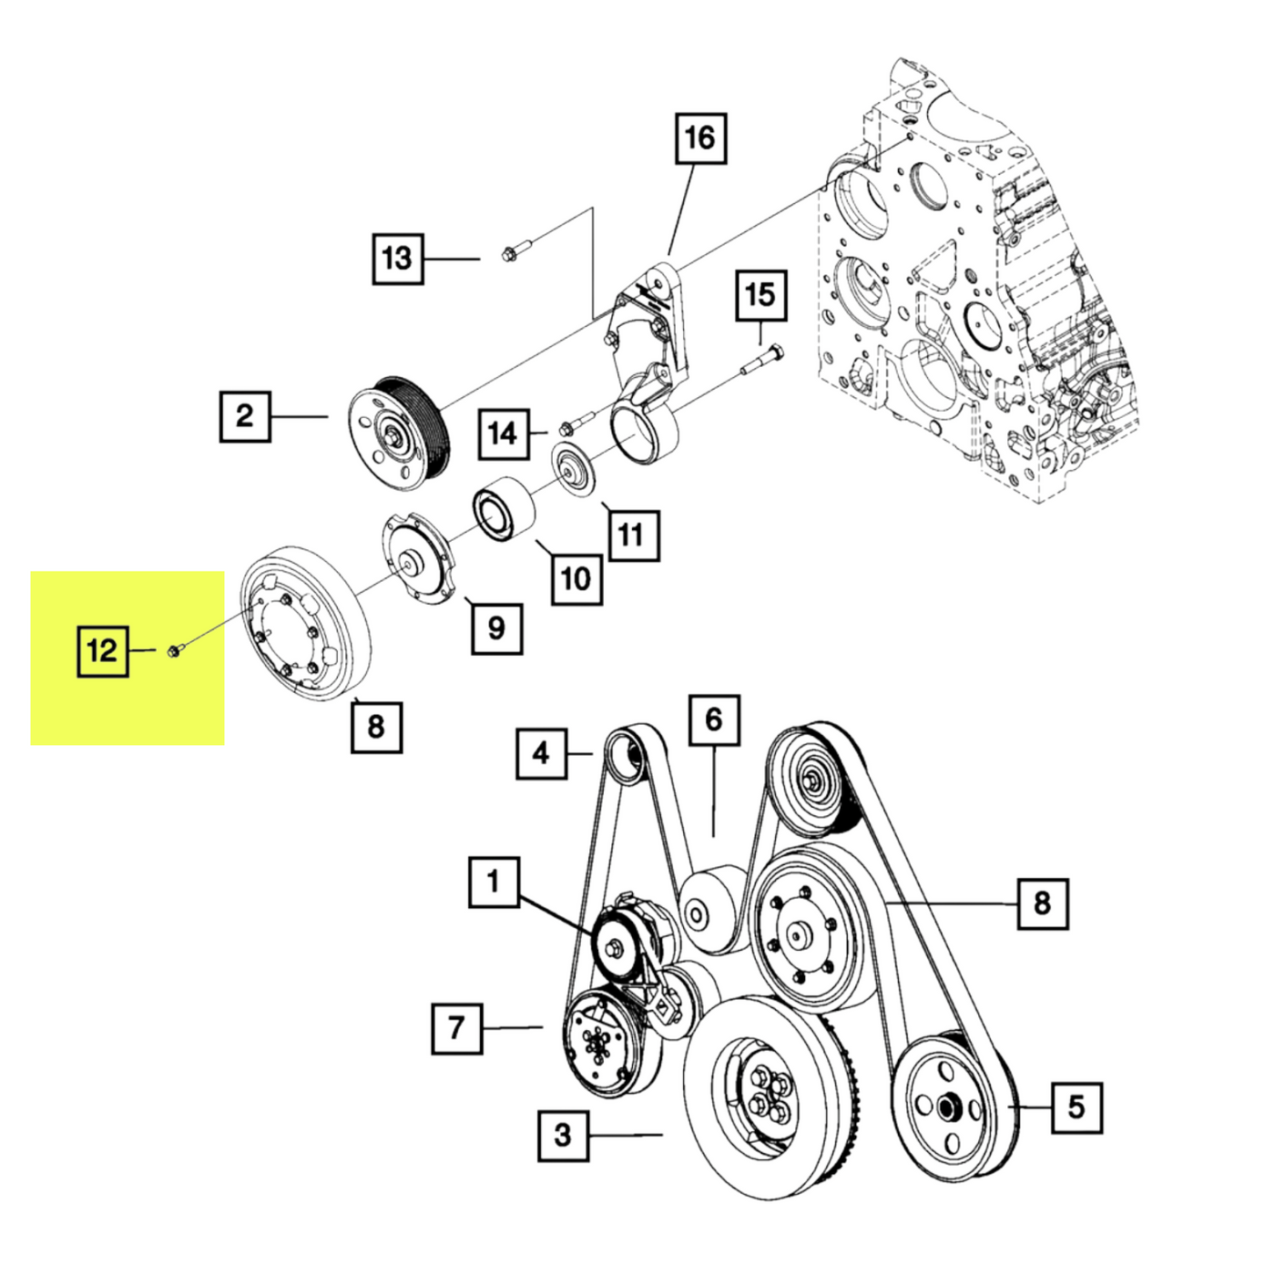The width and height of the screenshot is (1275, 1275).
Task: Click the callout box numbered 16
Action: pyautogui.click(x=700, y=138)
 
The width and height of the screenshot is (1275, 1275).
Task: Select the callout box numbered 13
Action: pyautogui.click(x=398, y=259)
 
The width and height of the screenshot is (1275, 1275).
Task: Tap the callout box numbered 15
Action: pyautogui.click(x=760, y=295)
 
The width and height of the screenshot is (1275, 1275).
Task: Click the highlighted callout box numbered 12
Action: pyautogui.click(x=102, y=650)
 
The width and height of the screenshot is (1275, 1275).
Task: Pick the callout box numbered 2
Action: pyautogui.click(x=245, y=416)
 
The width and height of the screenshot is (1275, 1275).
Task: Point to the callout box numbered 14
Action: pyautogui.click(x=504, y=433)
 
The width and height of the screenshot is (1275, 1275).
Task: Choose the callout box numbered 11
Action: pyautogui.click(x=630, y=535)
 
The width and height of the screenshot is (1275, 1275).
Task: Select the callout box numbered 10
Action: pyautogui.click(x=576, y=578)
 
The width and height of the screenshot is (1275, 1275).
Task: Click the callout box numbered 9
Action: pyautogui.click(x=496, y=627)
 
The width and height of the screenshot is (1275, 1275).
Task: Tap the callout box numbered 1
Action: pyautogui.click(x=494, y=882)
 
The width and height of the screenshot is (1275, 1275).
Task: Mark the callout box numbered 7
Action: pyautogui.click(x=456, y=1028)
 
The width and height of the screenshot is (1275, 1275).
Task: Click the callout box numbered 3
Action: pyautogui.click(x=563, y=1135)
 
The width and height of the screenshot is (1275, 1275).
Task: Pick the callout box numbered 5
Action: pyautogui.click(x=1076, y=1107)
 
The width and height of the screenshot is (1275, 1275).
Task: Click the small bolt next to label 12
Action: pyautogui.click(x=176, y=649)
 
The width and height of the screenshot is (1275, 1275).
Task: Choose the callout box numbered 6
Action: pyautogui.click(x=713, y=720)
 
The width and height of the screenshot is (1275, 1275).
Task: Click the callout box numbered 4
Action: pyautogui.click(x=541, y=753)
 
